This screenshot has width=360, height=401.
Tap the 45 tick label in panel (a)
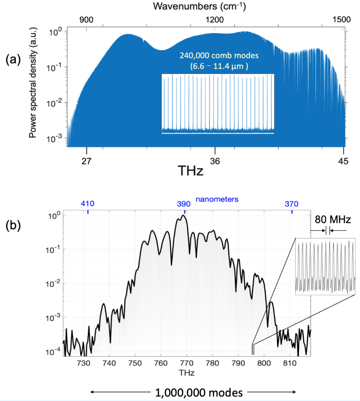click(x=343, y=160)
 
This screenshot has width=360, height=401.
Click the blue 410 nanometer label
click(x=88, y=203)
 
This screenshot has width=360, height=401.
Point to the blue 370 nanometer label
click(x=292, y=203)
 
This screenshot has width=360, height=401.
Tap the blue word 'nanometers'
click(x=217, y=199)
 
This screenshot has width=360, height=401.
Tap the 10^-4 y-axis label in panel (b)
click(x=57, y=351)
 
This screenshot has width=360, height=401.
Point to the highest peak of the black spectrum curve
click(x=183, y=216)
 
